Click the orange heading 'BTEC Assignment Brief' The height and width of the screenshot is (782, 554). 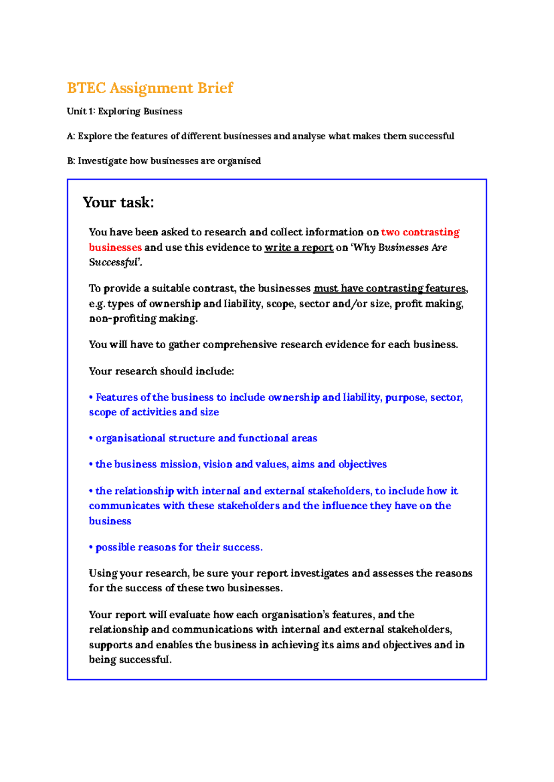[x=150, y=88]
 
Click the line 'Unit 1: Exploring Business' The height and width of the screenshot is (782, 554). [x=124, y=111]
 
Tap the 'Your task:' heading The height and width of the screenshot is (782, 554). [x=118, y=202]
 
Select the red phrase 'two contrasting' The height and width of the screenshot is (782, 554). [x=420, y=232]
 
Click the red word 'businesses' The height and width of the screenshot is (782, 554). [x=115, y=247]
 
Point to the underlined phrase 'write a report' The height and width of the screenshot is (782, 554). [x=299, y=247]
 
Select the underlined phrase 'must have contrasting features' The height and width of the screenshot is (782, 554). [x=390, y=289]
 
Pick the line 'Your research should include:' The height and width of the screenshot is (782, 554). [x=162, y=371]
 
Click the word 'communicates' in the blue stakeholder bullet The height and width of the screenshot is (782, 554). [x=124, y=506]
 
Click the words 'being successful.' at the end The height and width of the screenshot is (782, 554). [x=130, y=660]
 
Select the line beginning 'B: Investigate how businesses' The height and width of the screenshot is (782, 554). [x=164, y=161]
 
